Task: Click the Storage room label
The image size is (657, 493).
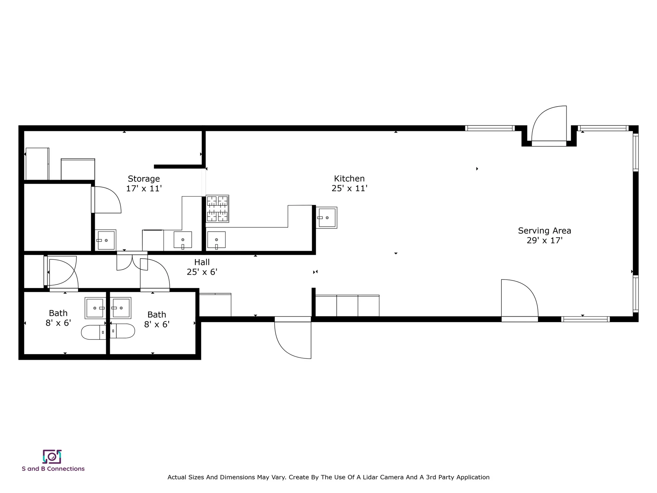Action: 144,179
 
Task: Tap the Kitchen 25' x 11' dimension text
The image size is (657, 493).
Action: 349,188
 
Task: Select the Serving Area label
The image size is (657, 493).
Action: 544,231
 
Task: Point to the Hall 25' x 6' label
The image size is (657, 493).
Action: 202,267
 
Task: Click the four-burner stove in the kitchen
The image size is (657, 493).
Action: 217,209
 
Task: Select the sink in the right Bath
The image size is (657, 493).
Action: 121,308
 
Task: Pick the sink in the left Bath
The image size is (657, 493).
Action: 95,308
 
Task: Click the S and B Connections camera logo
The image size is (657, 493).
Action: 52,456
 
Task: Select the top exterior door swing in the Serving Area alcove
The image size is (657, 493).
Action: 549,124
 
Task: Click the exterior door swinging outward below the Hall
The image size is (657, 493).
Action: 293,339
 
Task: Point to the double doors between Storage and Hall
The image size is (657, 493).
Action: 132,262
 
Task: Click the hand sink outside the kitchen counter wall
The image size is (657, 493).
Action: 326,218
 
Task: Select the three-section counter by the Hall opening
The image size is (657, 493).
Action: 347,306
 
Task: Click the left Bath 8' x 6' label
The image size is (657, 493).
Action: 58,318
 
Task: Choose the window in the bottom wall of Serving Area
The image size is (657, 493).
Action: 585,319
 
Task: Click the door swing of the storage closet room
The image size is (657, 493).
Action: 107,200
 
